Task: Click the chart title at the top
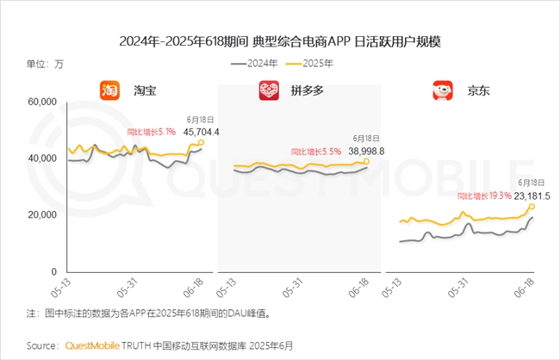[x=279, y=40]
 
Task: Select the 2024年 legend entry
[x=255, y=64]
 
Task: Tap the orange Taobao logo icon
[x=109, y=90]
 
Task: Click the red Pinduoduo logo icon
[x=269, y=90]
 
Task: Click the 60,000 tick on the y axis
[x=42, y=102]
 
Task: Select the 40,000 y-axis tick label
[x=42, y=158]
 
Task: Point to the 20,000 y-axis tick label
[x=42, y=214]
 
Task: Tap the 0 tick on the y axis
[x=53, y=271]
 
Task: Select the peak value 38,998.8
[x=364, y=151]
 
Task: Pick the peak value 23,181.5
[x=532, y=196]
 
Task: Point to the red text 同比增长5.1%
[x=151, y=133]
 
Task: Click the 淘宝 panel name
[x=145, y=90]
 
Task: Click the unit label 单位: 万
[x=45, y=64]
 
